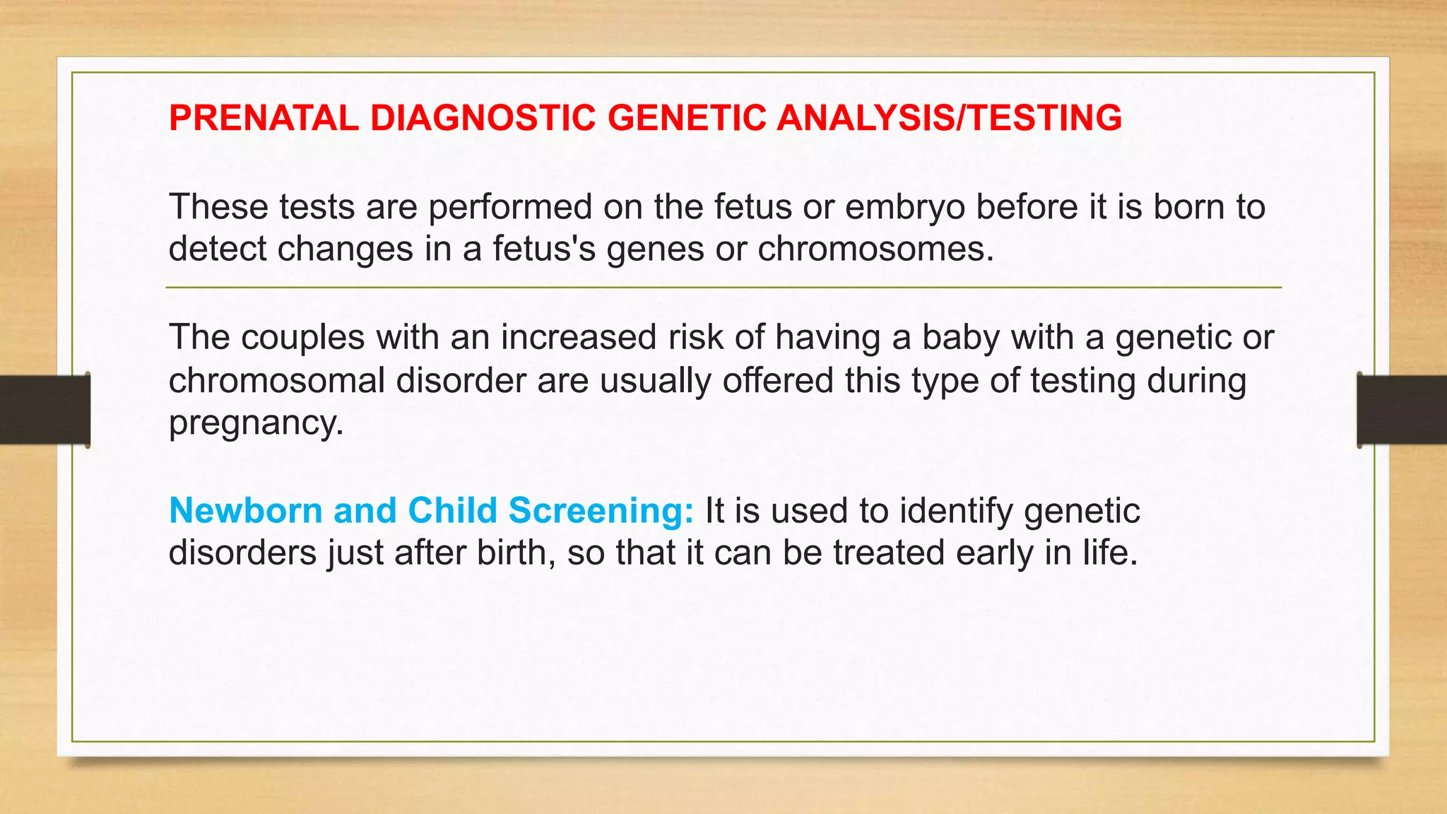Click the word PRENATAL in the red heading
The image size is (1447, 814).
(x=264, y=118)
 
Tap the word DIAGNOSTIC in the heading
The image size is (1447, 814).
(x=483, y=118)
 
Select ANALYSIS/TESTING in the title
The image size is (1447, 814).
(x=949, y=118)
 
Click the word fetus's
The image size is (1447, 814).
(x=544, y=249)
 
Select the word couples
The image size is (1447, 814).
(x=303, y=338)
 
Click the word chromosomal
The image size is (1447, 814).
(x=277, y=381)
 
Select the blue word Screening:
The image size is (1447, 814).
(x=601, y=511)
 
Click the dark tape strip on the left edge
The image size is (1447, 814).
(x=45, y=410)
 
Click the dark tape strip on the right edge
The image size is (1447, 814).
(x=1402, y=410)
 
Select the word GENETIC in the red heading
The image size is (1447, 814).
(x=687, y=118)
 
